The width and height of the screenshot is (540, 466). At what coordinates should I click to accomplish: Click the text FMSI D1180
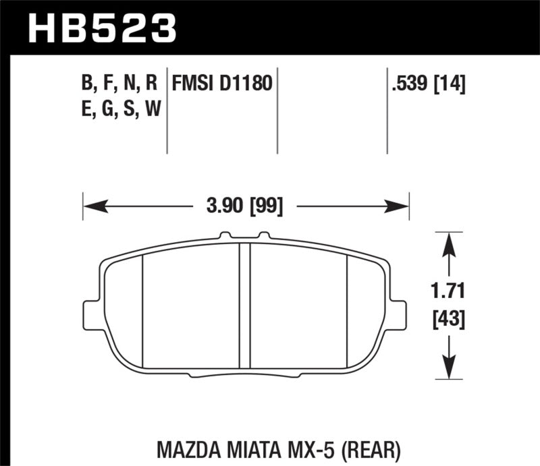(222, 84)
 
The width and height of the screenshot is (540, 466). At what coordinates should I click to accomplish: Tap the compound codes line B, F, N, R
(119, 84)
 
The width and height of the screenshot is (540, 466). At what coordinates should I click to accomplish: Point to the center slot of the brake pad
(246, 303)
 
